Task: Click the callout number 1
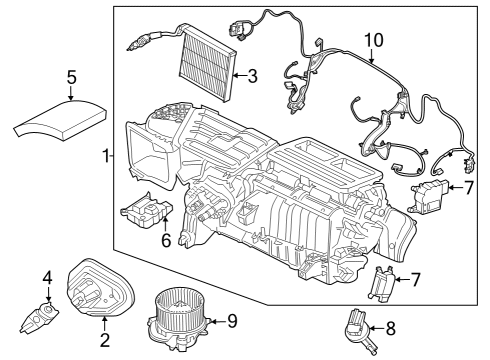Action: [106, 157]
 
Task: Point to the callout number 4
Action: [46, 277]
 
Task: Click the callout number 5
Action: [71, 76]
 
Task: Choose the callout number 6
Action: [166, 240]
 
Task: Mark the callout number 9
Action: [231, 320]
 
